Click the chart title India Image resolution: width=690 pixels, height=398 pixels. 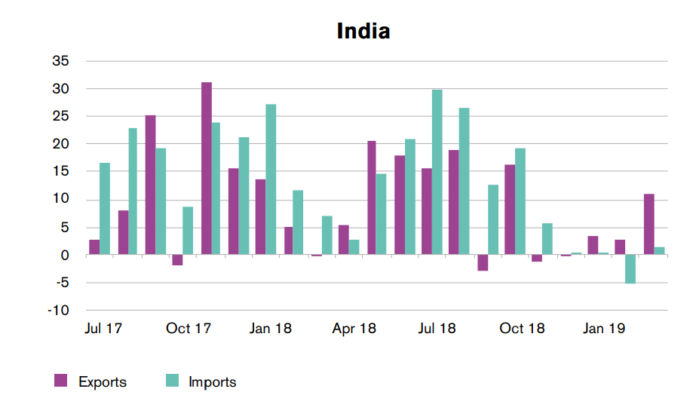[363, 32]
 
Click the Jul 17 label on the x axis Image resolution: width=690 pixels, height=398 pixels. [105, 329]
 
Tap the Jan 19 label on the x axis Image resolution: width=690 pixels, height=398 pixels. [603, 329]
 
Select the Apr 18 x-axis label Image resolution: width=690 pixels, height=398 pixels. [354, 329]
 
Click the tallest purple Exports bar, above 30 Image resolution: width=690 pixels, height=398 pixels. [206, 169]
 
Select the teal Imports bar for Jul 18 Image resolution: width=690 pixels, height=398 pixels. [437, 173]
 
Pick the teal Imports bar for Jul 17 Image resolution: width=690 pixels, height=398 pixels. [105, 209]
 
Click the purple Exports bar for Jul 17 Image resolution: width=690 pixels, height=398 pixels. [94, 247]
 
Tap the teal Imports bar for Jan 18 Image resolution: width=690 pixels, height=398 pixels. [271, 179]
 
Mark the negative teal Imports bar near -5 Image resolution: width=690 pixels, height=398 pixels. [630, 269]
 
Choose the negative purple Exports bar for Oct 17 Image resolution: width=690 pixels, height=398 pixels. [178, 260]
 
